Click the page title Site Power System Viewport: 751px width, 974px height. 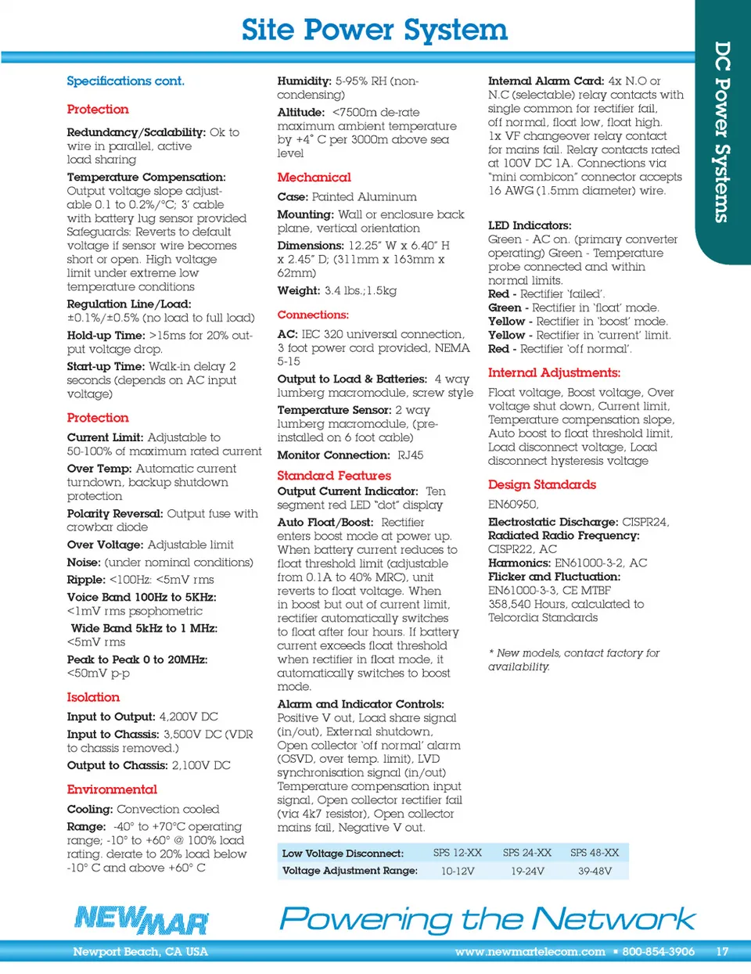pos(374,30)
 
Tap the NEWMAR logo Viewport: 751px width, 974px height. pos(142,920)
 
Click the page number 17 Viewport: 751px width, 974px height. pos(722,952)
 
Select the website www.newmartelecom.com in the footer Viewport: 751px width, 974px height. pos(530,952)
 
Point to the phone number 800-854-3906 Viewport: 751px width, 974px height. pos(658,952)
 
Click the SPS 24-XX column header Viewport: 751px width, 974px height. pos(526,853)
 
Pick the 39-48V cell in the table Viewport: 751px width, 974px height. pos(595,871)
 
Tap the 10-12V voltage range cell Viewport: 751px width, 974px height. pos(458,871)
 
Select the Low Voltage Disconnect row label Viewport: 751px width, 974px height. pos(343,854)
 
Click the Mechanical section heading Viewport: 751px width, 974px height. pos(314,178)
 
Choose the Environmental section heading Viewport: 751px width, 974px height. pos(112,789)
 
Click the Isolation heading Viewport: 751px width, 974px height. pos(93,697)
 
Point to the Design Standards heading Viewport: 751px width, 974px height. pos(541,485)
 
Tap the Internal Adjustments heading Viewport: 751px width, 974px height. pos(554,373)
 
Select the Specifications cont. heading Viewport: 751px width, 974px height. pos(125,81)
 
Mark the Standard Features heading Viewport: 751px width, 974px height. pos(334,476)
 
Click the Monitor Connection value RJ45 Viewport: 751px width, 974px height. pos(410,455)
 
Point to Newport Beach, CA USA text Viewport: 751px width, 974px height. pos(140,952)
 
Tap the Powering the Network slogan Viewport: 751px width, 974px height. pos(487,918)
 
